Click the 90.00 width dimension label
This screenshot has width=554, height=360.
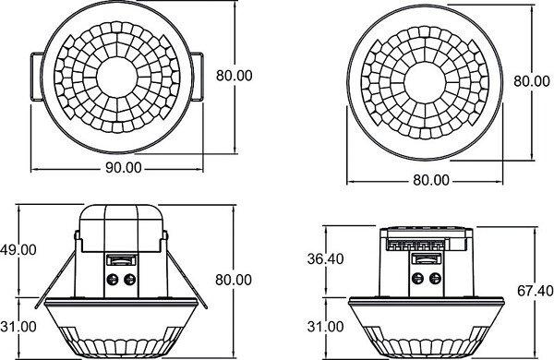124,167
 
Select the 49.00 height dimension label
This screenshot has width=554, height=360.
18,250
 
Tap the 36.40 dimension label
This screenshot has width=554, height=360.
325,259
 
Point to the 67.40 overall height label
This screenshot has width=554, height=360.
536,291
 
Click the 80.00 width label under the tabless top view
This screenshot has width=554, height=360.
431,180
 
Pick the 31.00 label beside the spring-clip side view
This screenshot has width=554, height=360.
18,327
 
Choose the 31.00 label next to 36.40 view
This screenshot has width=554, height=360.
325,327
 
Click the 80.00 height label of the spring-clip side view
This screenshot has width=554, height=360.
234,280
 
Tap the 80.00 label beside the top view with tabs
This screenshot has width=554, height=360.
235,76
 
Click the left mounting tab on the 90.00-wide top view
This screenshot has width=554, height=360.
36,77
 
